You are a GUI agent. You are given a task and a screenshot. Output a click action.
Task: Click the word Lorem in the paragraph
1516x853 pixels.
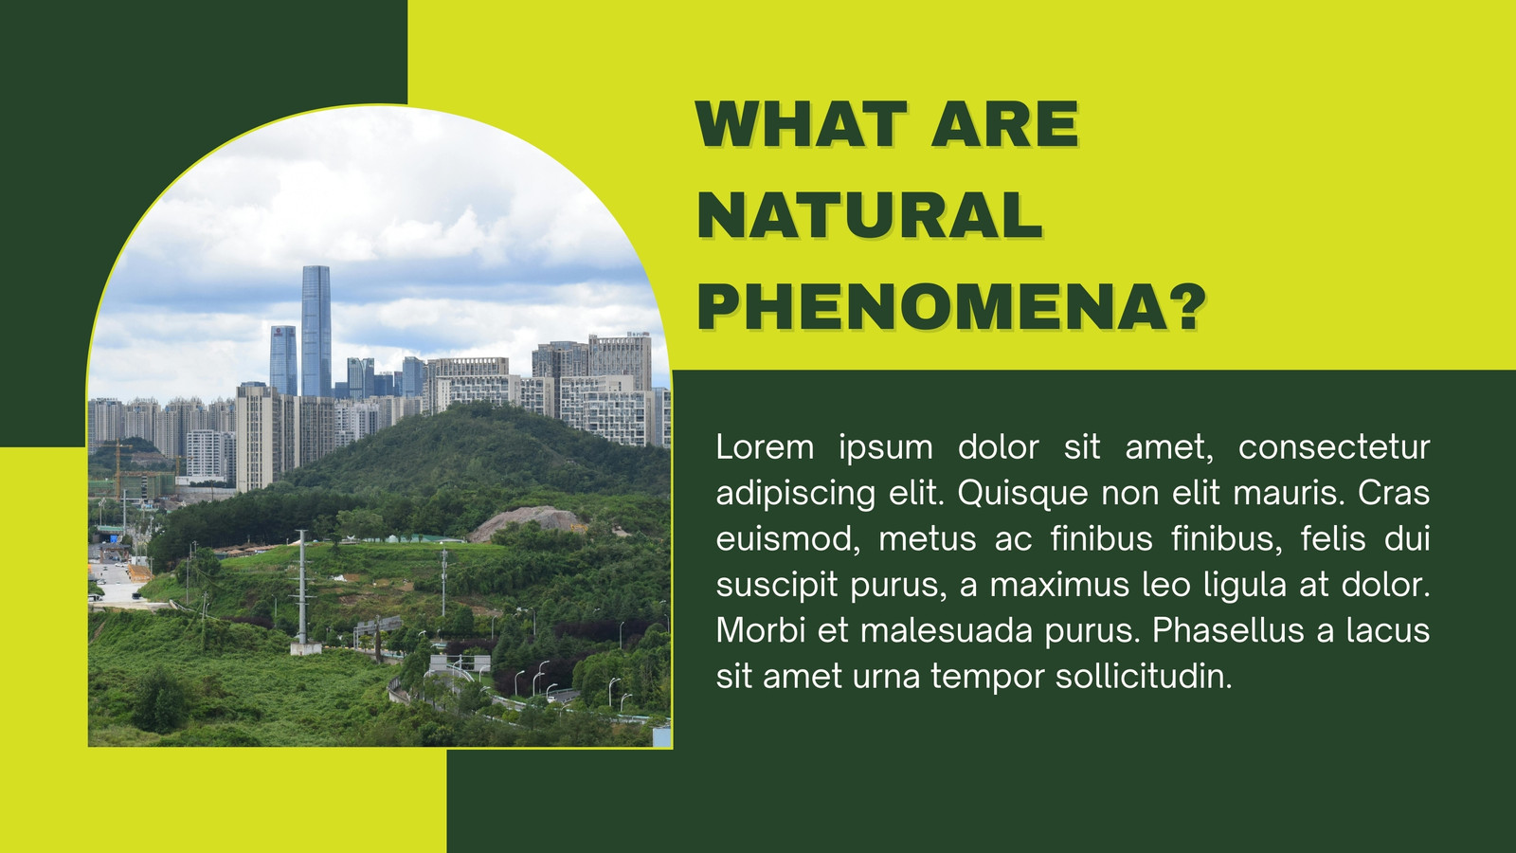(x=765, y=447)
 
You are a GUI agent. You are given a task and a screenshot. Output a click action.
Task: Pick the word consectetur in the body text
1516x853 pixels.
(x=1334, y=447)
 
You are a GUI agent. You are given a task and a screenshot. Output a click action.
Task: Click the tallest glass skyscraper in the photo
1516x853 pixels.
(x=316, y=331)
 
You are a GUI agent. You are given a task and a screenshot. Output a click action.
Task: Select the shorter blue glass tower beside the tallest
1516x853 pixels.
(x=283, y=360)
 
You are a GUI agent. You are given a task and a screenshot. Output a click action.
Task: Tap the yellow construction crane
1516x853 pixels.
(x=118, y=468)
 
